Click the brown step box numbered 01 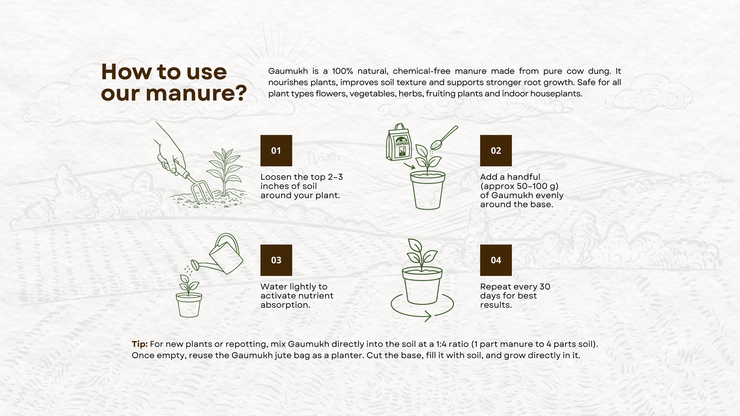pos(276,150)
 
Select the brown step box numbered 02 pos(496,150)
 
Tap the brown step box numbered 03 pos(276,260)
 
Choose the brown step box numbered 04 pos(496,260)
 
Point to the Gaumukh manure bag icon pos(399,143)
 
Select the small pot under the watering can pos(189,305)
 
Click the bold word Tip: pos(140,344)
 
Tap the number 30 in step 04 pos(545,286)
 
